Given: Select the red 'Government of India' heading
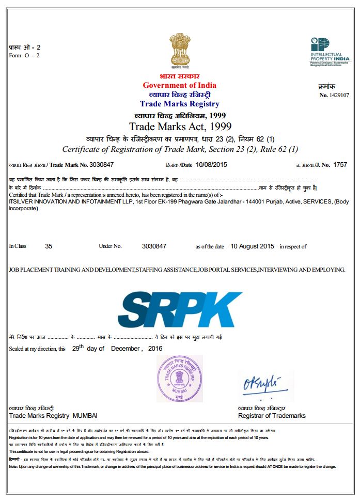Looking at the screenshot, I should [179, 85].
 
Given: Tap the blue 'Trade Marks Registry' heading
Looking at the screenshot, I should [179, 104].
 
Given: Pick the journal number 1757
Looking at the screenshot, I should [340, 165].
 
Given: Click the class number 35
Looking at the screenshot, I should [49, 246].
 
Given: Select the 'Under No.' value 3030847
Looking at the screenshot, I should [154, 246].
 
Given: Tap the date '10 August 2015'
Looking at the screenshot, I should [252, 246].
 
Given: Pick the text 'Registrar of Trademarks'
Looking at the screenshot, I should [272, 416].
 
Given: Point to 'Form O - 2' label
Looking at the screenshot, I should [24, 55].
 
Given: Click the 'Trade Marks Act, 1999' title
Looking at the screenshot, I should [180, 127].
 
